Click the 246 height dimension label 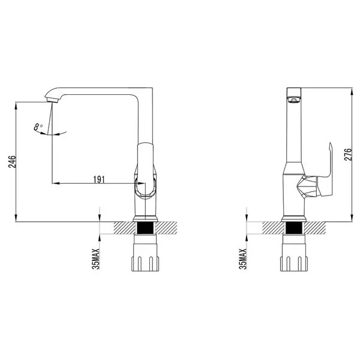tap(12, 161)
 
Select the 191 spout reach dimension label tap(99, 179)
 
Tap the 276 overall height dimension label tap(348, 155)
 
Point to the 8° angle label tap(38, 127)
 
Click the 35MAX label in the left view tap(96, 259)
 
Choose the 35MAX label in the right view tap(242, 259)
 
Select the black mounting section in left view tap(145, 228)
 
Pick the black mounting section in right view tap(294, 228)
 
